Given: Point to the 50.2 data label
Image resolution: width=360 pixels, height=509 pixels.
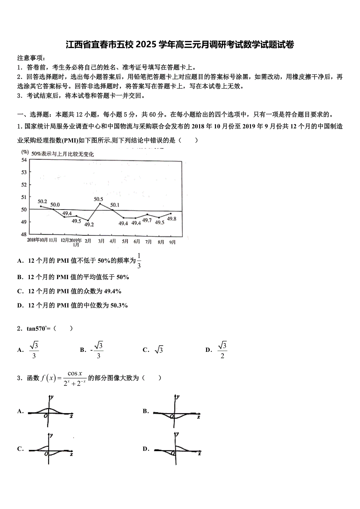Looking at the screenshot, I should pyautogui.click(x=42, y=202).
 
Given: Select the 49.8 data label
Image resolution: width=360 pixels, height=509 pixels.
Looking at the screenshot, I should pyautogui.click(x=171, y=219).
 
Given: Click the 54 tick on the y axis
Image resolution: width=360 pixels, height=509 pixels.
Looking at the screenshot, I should pyautogui.click(x=24, y=160).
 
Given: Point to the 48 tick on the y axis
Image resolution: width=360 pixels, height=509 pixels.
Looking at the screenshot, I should pyautogui.click(x=24, y=234).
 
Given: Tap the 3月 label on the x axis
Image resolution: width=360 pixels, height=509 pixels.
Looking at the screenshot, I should pyautogui.click(x=101, y=241).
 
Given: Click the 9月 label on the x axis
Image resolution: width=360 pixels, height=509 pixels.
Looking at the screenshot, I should pyautogui.click(x=172, y=241).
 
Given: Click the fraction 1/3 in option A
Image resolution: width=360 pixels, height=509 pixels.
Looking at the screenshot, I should pyautogui.click(x=139, y=260).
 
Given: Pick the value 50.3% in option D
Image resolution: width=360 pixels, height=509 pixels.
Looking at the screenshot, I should pyautogui.click(x=119, y=305).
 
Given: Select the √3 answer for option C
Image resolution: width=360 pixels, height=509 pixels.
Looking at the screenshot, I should pyautogui.click(x=158, y=350).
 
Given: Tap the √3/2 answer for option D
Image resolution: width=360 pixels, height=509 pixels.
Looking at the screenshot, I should pyautogui.click(x=222, y=350).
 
